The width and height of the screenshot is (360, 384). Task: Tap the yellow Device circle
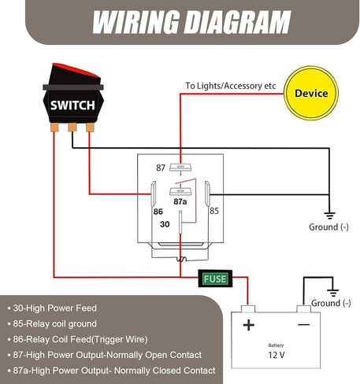(x=311, y=94)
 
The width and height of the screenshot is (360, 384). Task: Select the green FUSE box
(x=214, y=278)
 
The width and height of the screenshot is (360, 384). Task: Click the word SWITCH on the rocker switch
(x=72, y=105)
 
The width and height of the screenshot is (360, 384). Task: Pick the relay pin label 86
(x=158, y=211)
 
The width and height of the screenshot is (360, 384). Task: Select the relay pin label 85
(x=213, y=210)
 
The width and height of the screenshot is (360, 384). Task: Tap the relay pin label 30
(x=165, y=223)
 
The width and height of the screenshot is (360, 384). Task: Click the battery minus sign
(x=302, y=324)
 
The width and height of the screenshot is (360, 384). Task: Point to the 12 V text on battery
(x=276, y=356)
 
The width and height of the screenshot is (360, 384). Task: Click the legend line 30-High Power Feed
(x=56, y=308)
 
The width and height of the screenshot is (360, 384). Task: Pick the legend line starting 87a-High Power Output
(x=111, y=370)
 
